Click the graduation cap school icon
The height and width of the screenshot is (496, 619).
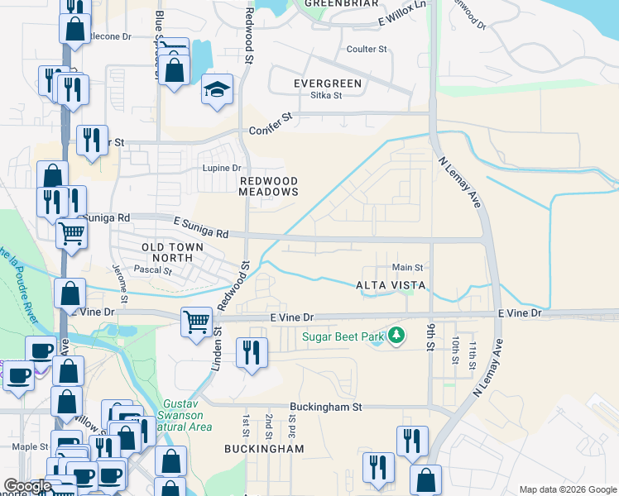[x=217, y=90]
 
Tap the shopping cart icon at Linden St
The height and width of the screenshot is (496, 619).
[x=197, y=322]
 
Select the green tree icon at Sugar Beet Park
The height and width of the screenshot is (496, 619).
[x=398, y=335]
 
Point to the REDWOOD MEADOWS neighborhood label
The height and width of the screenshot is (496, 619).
[x=267, y=186]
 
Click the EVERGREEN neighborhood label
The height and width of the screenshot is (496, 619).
[x=328, y=83]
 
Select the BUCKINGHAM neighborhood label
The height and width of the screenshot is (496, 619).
[x=264, y=449]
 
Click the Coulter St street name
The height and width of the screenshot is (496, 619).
[x=367, y=50]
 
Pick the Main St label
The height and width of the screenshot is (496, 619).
[x=407, y=267]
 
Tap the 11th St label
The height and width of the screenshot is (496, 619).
[x=473, y=351]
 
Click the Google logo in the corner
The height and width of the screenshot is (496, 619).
[x=27, y=486]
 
